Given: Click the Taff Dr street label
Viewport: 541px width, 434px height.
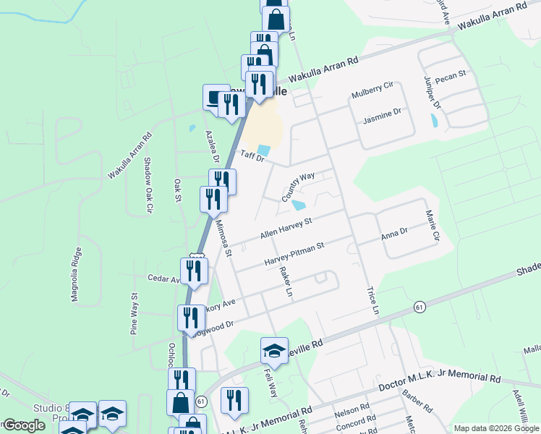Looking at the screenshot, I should click(254, 156).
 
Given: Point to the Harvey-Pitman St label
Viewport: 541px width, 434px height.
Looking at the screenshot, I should click(294, 252).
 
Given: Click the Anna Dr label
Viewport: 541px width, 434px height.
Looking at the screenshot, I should click(394, 234).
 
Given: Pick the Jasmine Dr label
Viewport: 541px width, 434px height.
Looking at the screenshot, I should click(381, 113).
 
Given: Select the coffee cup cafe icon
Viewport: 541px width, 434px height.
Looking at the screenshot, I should click(214, 97).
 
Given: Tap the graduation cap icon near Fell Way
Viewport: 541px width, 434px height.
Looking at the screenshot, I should click(274, 351).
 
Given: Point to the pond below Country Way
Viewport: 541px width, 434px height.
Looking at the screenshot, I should click(298, 205).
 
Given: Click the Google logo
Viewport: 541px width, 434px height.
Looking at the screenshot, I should click(24, 425).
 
